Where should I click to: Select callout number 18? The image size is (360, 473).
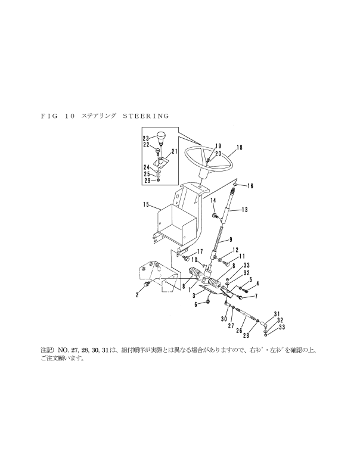239,148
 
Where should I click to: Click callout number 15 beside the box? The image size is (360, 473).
147,205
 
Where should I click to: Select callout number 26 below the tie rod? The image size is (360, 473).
239,331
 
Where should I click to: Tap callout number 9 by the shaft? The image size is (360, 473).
231,240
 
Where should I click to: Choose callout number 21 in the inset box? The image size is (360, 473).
175,151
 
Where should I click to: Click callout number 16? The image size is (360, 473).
250,186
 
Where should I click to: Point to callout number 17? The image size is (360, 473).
200,251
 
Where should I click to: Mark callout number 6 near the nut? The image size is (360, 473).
196,305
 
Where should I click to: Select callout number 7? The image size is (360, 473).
256,297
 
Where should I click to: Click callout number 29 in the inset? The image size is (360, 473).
148,181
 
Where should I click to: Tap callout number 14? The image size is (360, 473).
213,201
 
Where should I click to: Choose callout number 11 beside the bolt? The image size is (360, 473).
243,256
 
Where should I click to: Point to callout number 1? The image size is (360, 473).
189,290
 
